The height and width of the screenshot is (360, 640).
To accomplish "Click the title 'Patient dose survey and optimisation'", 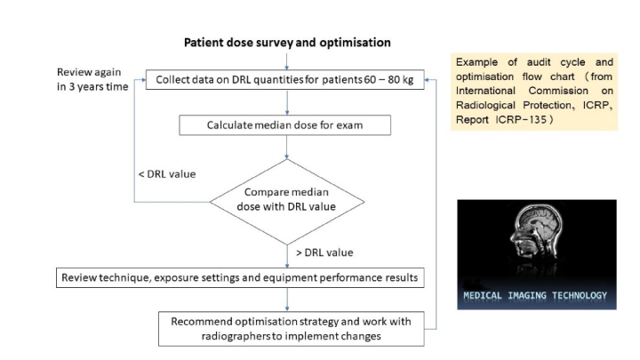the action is (x=287, y=43).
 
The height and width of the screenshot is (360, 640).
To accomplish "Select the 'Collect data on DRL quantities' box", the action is (x=285, y=80).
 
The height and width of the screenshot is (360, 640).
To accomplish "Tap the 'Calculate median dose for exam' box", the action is (x=285, y=125).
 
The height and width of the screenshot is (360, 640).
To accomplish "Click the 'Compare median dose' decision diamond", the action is (x=287, y=202).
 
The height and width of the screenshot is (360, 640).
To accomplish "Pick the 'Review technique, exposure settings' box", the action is (x=240, y=277).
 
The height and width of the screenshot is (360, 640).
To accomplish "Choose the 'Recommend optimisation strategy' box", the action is (x=291, y=329).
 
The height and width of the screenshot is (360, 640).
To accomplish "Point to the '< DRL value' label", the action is (x=167, y=174).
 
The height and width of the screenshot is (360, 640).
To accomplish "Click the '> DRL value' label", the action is (x=324, y=252).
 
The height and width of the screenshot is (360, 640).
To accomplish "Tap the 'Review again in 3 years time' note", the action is (x=92, y=79).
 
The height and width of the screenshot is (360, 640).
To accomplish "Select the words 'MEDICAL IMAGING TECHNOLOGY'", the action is (x=535, y=295).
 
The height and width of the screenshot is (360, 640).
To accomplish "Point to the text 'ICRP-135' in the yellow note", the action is (x=521, y=120).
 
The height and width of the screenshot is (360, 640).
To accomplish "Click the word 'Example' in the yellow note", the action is (x=476, y=62).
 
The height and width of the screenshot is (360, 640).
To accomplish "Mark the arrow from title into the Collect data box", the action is (x=287, y=61).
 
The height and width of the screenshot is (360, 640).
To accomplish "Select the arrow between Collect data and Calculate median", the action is (x=287, y=102).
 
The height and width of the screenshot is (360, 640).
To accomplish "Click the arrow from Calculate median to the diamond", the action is (x=287, y=147).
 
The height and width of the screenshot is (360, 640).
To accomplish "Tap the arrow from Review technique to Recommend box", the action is (x=287, y=300).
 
